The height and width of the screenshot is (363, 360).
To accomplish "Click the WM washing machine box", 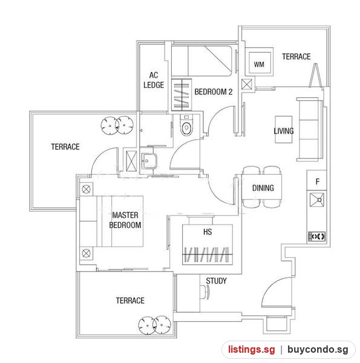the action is click(259, 62).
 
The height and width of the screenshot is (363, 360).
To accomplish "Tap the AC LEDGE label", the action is click(154, 80).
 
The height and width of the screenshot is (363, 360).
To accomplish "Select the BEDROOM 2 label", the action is click(213, 92).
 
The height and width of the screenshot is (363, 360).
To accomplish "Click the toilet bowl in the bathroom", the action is click(186, 125).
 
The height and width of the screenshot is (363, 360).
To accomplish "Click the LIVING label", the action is click(284, 131).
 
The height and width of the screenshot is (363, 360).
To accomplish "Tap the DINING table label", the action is click(263, 188).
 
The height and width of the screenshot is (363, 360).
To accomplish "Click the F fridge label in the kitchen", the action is click(318, 181).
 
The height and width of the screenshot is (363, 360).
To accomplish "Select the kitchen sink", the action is click(316, 200).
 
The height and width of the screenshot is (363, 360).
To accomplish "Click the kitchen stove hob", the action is click(317, 237).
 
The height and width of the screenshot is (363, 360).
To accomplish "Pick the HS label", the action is click(208, 232).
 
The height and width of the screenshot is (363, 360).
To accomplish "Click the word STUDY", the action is click(216, 281).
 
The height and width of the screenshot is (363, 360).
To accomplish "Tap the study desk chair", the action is click(205, 292).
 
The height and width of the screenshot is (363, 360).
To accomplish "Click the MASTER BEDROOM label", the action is click(125, 220).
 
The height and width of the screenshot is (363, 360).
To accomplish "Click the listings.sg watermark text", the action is click(252, 349).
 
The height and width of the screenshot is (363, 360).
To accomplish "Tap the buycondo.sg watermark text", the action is click(318, 349).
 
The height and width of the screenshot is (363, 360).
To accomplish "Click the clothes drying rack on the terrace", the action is click(315, 76).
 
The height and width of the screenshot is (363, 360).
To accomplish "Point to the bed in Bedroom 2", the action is click(201, 61).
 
